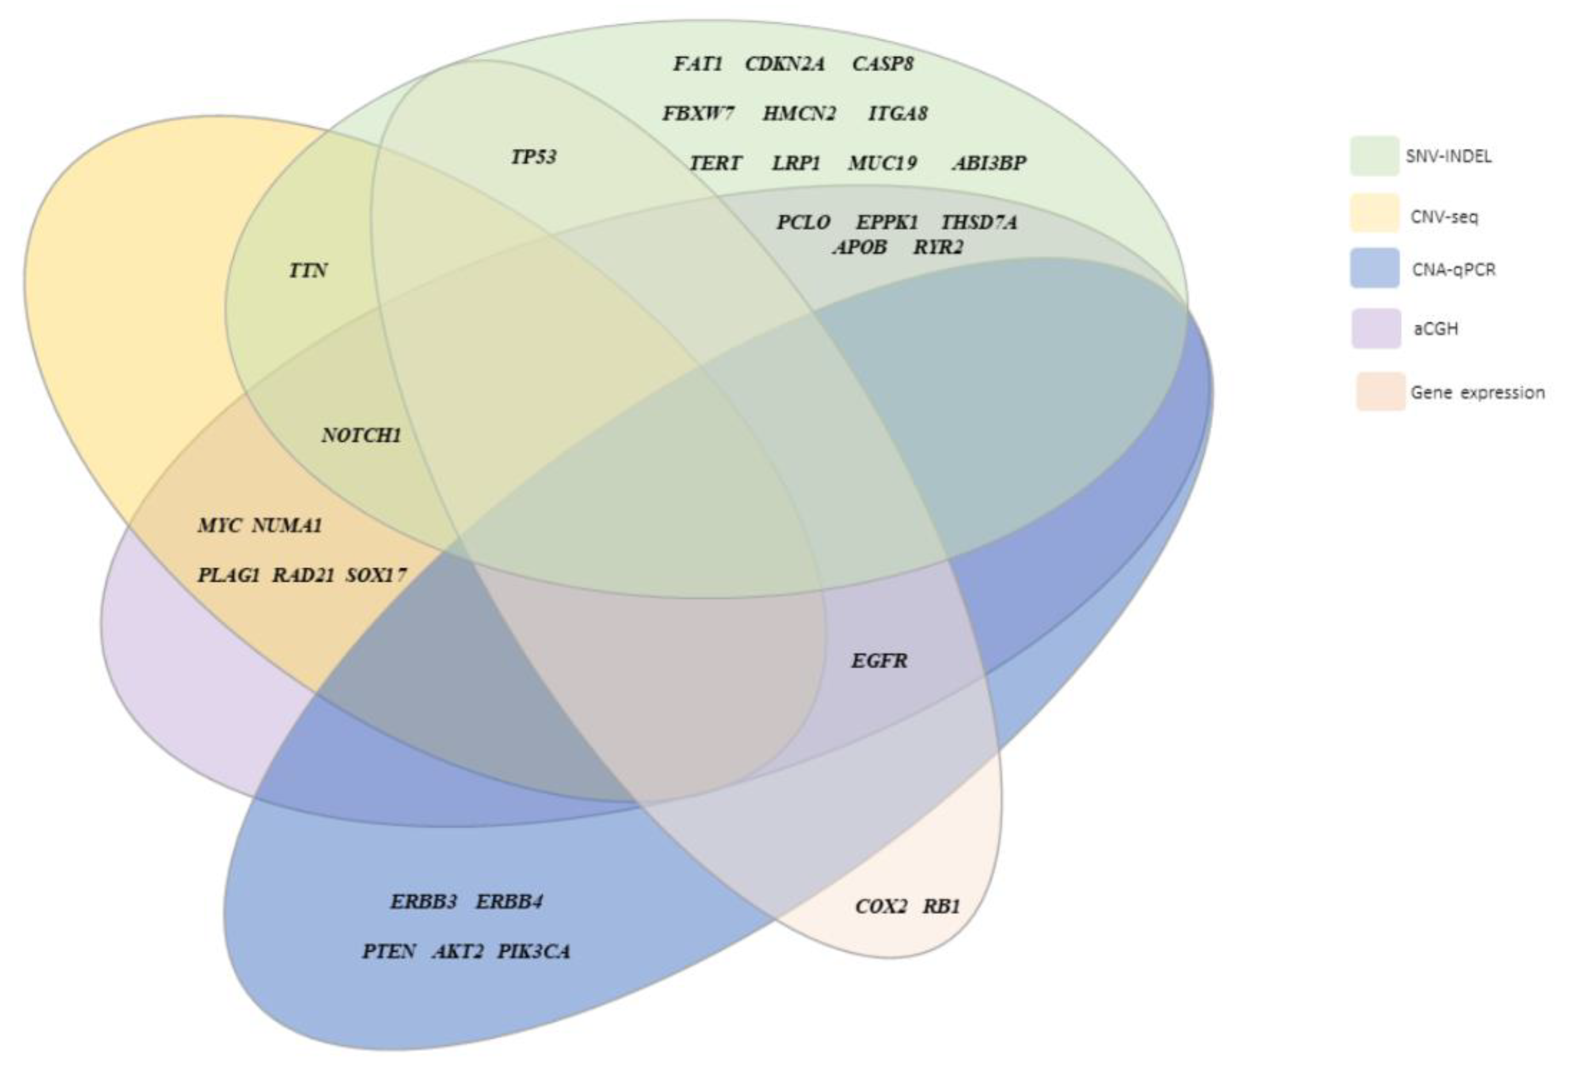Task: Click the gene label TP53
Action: [x=534, y=157]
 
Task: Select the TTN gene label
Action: [x=308, y=270]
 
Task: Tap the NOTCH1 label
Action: [x=361, y=435]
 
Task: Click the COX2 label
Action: [x=881, y=906]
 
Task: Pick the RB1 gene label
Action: [x=941, y=906]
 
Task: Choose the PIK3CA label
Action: [x=534, y=952]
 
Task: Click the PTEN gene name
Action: [x=389, y=952]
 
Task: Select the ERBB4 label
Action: [x=509, y=902]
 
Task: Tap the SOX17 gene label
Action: [x=377, y=575]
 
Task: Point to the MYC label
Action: [x=219, y=525]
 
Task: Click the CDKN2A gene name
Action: [x=785, y=64]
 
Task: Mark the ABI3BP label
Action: [x=989, y=163]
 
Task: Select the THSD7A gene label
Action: [x=979, y=222]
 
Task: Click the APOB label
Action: [x=859, y=247]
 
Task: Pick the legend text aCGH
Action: [x=1436, y=329]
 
